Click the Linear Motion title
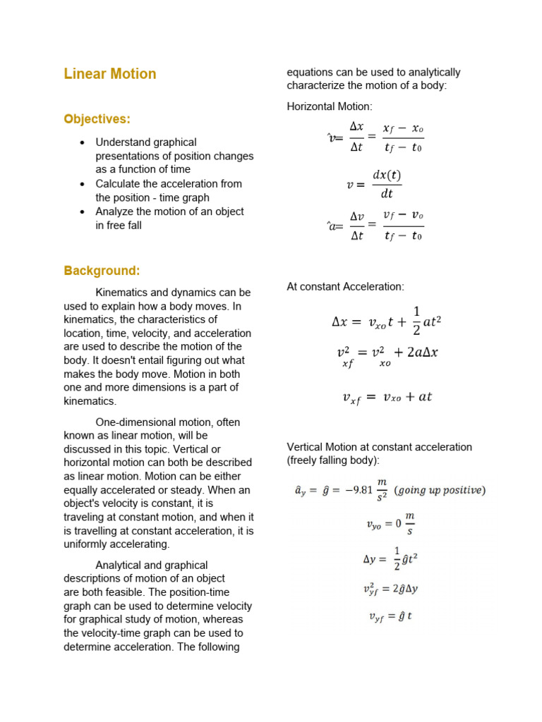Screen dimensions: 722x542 110,74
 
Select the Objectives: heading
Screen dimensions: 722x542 97,118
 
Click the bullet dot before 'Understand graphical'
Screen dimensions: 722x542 83,143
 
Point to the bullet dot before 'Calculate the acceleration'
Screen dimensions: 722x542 83,184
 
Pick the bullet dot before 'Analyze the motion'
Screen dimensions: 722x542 83,212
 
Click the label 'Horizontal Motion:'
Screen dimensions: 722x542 329,106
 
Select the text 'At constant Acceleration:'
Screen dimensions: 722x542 345,287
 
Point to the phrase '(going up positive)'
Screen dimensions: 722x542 439,490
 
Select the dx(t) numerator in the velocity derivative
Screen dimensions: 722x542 386,175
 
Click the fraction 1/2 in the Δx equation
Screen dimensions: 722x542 416,321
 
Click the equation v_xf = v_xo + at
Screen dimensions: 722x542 387,398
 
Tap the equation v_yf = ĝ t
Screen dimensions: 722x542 390,616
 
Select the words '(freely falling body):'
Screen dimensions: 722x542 332,460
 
